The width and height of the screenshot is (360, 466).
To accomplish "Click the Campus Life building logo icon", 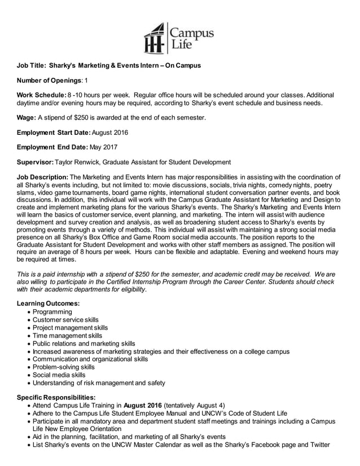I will pos(155,38).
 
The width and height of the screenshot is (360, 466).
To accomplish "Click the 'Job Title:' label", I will pos(34,66).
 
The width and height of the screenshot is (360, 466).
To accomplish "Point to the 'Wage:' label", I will pos(27,117).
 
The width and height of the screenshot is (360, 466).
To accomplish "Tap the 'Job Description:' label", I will pos(42,177).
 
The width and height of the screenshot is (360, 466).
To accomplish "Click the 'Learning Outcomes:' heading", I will pos(48,304).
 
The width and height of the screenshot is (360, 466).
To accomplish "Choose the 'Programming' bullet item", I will pos(52,311).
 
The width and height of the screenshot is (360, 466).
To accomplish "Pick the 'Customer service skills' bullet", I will pos(65,319).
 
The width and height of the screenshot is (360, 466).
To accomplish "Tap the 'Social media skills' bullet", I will pos(59,375).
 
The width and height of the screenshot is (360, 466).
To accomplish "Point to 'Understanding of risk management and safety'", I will pos(99,383).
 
